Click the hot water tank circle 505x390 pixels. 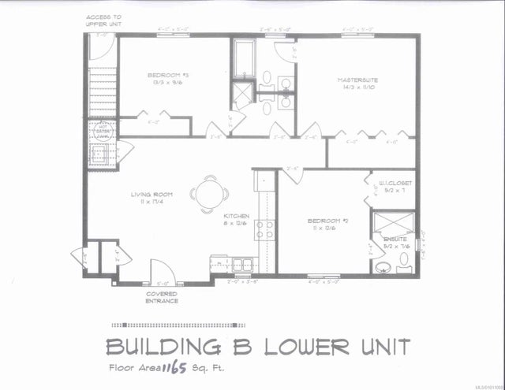pos(102,131)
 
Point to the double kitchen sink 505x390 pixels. pos(238,263)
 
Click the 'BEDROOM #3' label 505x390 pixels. pos(163,76)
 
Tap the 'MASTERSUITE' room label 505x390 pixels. pos(357,80)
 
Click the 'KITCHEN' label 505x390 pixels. pos(237,215)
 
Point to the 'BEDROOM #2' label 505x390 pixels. pos(324,221)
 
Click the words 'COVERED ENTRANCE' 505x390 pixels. pos(161,296)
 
